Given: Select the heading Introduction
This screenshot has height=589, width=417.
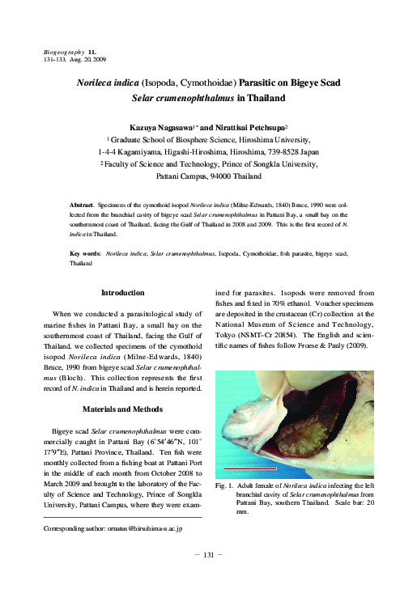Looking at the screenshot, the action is point(122,292).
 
